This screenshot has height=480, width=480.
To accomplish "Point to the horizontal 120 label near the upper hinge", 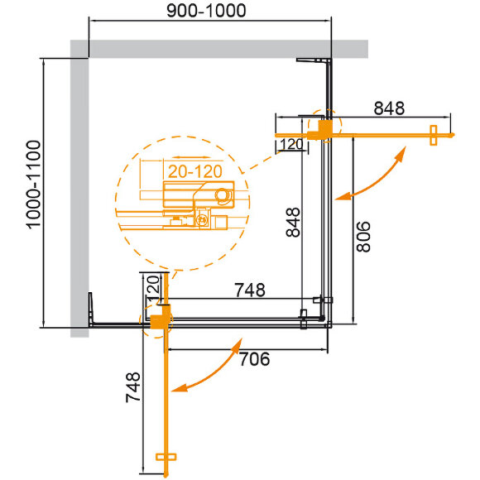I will pyautogui.click(x=290, y=145).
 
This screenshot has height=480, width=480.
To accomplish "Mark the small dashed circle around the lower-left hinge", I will pyautogui.click(x=158, y=319).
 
